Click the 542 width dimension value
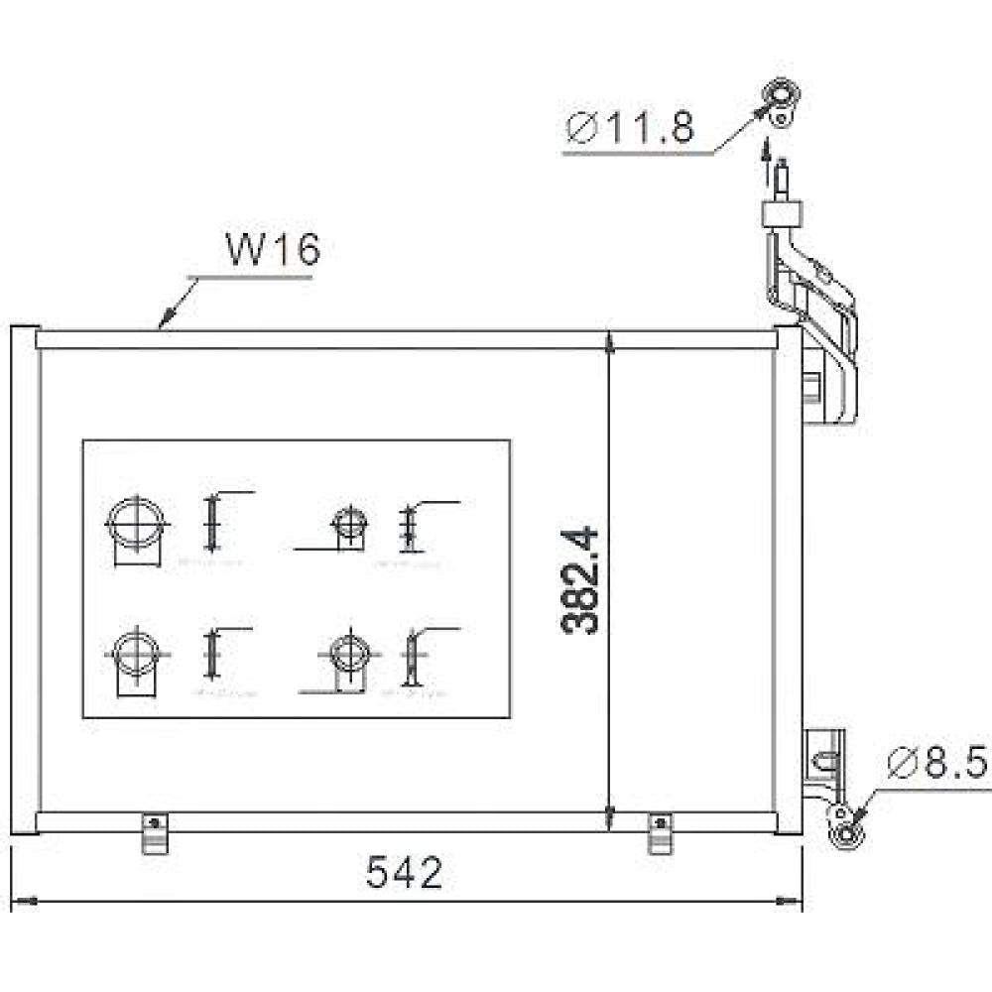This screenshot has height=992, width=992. click(404, 873)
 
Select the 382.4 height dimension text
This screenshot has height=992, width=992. click(581, 580)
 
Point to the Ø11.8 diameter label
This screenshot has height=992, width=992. click(630, 129)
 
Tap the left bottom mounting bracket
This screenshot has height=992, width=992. click(153, 832)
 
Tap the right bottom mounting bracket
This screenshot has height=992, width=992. click(657, 832)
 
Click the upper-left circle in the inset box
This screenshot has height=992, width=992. click(135, 520)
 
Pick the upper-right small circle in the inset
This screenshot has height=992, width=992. click(346, 522)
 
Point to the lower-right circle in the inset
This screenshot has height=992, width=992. click(348, 653)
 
